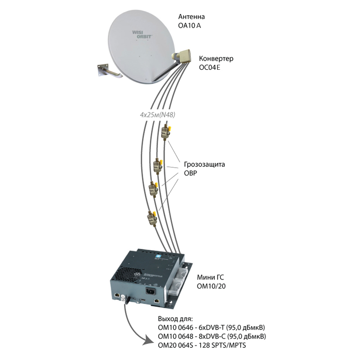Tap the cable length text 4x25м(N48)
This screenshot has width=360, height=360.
tap(157, 115)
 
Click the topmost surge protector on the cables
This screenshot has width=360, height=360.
tap(166, 132)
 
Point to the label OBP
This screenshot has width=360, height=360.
tap(190, 173)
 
